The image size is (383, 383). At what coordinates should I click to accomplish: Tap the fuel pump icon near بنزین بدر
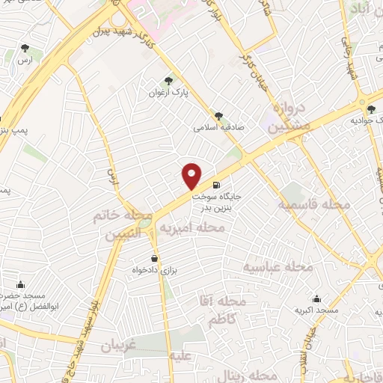click(216, 185)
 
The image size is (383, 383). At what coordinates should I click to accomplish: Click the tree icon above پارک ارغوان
click(168, 80)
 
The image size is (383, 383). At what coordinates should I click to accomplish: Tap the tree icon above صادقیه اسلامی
click(218, 116)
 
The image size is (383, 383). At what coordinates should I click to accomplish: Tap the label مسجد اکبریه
click(316, 310)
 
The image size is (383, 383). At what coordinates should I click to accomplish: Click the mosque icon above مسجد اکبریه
click(316, 298)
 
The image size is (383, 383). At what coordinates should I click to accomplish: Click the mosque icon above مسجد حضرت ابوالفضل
click(20, 284)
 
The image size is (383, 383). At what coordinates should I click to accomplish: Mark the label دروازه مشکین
click(287, 117)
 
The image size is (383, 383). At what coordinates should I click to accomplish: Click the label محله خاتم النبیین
click(116, 225)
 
